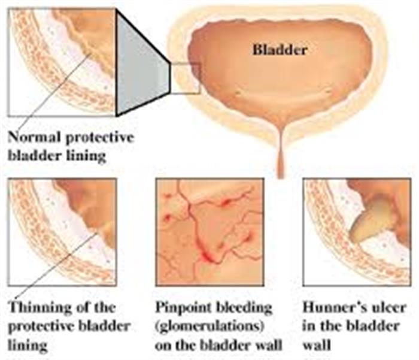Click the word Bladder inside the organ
280,50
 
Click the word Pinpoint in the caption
183,307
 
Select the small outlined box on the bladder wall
186,78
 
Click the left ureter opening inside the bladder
237,92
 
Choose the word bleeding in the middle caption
244,308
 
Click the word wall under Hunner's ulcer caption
317,345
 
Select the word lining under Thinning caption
28,346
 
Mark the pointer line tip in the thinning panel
97,232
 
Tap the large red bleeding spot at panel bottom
207,258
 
